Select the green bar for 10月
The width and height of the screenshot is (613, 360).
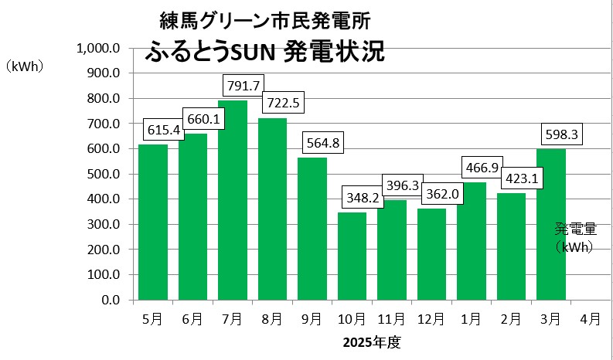point(352,256)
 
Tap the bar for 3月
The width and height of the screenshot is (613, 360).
point(550,224)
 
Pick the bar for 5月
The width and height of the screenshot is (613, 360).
point(153,222)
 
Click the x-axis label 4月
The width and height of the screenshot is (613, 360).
point(590,318)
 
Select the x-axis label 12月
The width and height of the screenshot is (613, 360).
point(431,318)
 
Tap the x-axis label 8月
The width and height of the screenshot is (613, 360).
point(272,318)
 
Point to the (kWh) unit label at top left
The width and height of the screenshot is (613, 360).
point(24,66)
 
